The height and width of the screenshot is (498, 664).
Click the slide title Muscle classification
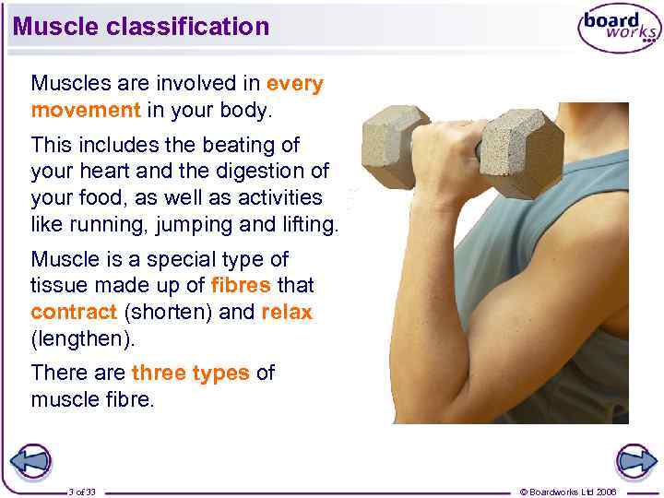point(141,26)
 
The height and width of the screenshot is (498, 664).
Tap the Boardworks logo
point(619,29)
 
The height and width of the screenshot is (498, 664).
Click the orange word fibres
point(242,286)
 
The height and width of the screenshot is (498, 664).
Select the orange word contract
point(74,312)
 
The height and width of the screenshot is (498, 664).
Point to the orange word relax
point(287,312)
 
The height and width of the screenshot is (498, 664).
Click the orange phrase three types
point(190,373)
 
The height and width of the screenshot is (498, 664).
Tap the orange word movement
point(85,110)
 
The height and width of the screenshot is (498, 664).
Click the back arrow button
point(30,461)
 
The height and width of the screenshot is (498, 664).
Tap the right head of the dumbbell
point(522,153)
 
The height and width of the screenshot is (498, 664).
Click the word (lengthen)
point(83,338)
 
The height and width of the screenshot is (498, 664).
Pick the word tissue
point(59,286)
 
